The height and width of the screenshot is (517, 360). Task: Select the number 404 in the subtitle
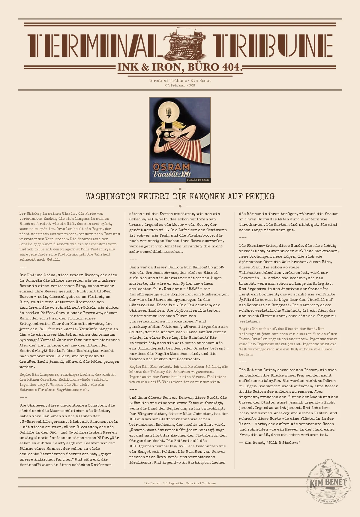point(231,67)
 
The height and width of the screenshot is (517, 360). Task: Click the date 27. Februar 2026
point(180,85)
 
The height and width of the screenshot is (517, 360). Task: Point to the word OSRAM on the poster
point(171,167)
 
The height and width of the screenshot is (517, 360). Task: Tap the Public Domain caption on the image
point(198,180)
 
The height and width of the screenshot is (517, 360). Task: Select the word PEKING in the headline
point(260,197)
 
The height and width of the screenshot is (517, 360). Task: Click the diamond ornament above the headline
point(180,189)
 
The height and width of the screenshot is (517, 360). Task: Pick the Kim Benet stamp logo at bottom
point(328,482)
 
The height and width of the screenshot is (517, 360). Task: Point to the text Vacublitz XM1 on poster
point(171,174)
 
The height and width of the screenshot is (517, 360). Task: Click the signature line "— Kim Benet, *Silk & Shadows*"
point(270,443)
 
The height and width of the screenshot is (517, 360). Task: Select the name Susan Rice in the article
point(321,262)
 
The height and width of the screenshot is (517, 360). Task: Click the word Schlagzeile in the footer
point(172,483)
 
